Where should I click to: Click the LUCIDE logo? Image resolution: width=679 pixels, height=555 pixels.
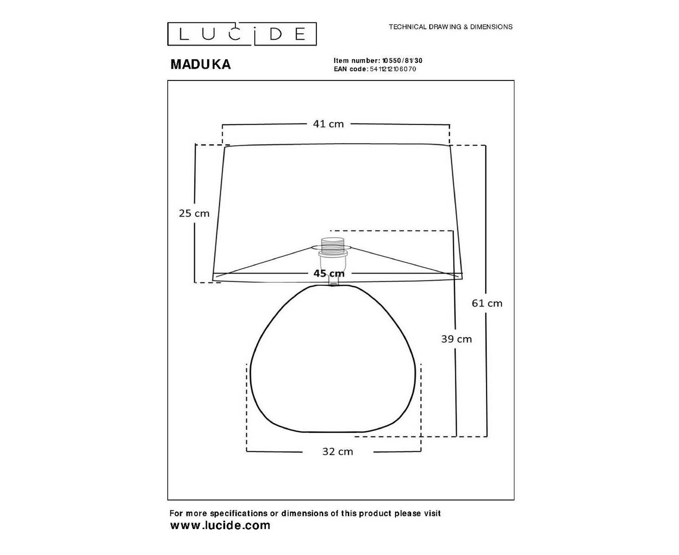[x=242, y=34]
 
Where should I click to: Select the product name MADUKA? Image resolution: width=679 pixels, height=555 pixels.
[x=201, y=64]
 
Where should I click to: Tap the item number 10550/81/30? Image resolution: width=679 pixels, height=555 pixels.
[x=402, y=60]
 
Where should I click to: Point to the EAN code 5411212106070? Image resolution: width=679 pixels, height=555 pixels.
[x=393, y=69]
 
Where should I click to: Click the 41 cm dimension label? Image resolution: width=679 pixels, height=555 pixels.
[x=328, y=124]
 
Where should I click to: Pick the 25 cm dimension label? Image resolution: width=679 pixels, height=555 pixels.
[x=194, y=213]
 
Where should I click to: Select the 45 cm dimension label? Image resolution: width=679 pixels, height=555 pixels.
[x=329, y=273]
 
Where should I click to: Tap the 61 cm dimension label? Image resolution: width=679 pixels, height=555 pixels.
[x=487, y=303]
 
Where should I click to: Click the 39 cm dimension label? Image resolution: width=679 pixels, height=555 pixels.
[x=456, y=339]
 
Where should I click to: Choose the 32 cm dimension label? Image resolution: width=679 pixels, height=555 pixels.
[x=338, y=452]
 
